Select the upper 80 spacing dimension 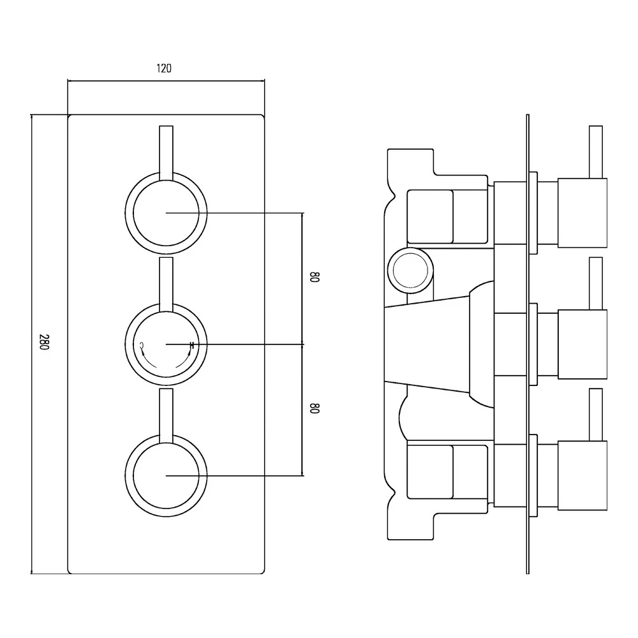pos(314,278)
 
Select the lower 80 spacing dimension pos(314,409)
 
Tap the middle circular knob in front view pos(166,345)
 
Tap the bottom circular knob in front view pos(166,476)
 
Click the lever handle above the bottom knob pos(166,414)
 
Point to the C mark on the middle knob pos(142,346)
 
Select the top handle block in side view pos(582,212)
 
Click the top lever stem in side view pos(596,152)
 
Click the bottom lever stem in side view pos(596,413)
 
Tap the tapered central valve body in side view pos(434,345)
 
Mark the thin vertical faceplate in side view pos(528,345)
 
